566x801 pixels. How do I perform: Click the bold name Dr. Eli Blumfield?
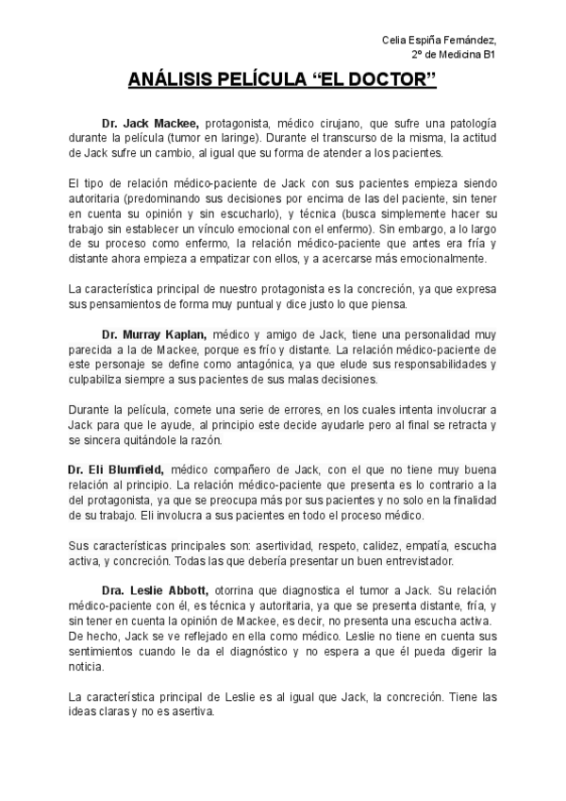click(x=116, y=469)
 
